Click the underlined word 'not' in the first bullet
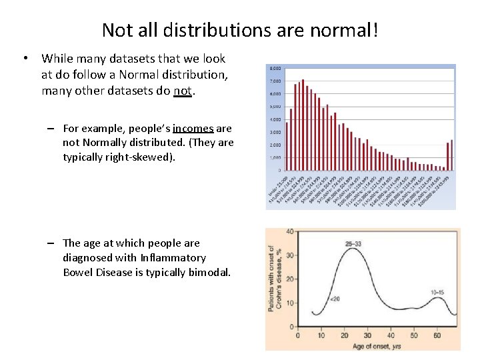[x=182, y=91]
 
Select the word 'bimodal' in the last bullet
[x=209, y=272]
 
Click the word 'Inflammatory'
[x=173, y=257]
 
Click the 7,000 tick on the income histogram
[x=274, y=81]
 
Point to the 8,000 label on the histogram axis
[x=274, y=69]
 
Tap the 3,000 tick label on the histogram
[x=274, y=132]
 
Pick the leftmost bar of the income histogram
[x=287, y=145]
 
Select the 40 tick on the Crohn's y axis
[x=290, y=231]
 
